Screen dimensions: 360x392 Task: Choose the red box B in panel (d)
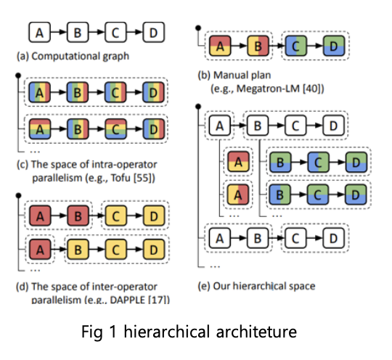[76, 217]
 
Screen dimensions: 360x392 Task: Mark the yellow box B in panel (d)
[76, 250]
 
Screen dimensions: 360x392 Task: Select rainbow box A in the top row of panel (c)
[39, 94]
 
